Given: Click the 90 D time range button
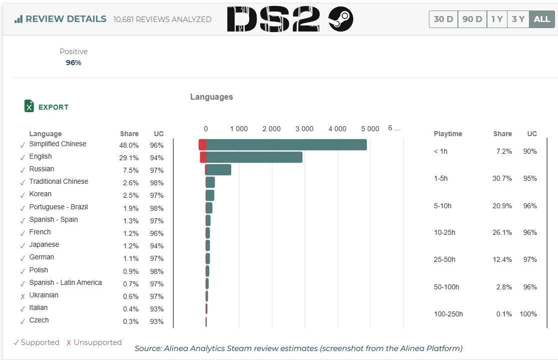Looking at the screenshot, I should (x=472, y=20).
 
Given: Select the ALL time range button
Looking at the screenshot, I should (x=541, y=20).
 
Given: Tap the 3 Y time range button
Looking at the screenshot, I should (x=518, y=20).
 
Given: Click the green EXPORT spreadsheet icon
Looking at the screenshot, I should (x=29, y=106).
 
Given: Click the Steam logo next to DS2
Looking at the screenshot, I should (x=341, y=20).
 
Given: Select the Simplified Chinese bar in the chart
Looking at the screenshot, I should (x=286, y=145).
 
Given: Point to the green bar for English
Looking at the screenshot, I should (x=254, y=157).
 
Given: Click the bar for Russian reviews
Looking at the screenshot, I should (x=218, y=170).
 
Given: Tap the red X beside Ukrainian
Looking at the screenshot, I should (x=23, y=296).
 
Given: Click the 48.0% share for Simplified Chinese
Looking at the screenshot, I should (x=130, y=145).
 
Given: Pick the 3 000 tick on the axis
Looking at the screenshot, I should (x=304, y=129).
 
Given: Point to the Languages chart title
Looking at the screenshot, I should (x=211, y=97).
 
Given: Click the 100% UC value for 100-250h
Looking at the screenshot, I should (x=528, y=314).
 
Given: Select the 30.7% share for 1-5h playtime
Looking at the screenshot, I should (x=502, y=178).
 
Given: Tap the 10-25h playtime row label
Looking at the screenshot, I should (x=444, y=232).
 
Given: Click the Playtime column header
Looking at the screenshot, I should (x=448, y=134).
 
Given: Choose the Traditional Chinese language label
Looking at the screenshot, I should (x=59, y=181).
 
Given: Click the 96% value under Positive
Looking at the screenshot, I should (x=74, y=63).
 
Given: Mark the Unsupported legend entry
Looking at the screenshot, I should (x=94, y=342).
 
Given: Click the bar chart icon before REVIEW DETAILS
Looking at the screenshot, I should (x=19, y=19).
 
